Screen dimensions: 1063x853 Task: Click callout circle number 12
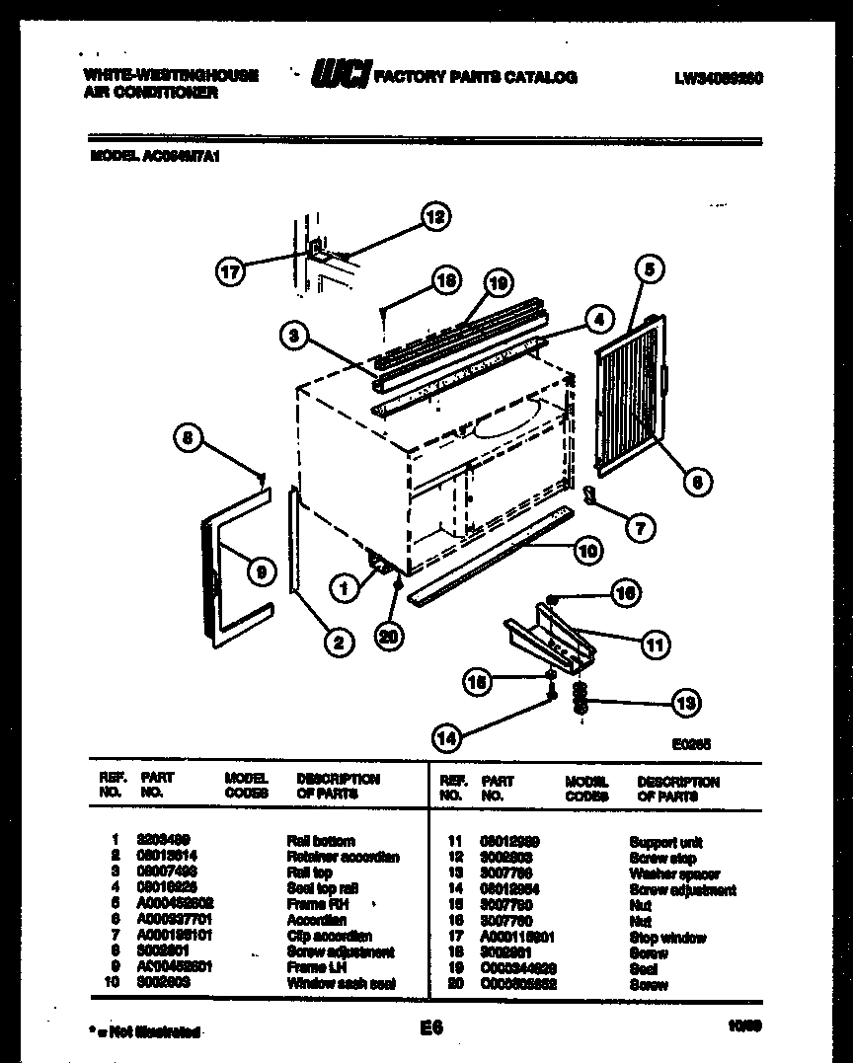pos(434,216)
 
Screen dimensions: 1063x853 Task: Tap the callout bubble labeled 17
pos(230,272)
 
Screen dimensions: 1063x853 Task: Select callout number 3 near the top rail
pos(292,337)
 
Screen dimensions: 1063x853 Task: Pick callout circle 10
pos(588,551)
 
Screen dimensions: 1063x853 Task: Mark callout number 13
pos(684,703)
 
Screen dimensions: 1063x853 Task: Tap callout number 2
pos(338,643)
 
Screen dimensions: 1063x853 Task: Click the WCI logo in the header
pos(341,76)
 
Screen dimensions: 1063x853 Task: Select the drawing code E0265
pos(690,746)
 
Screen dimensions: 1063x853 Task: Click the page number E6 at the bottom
pos(430,1028)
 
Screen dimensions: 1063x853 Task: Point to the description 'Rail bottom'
pos(321,841)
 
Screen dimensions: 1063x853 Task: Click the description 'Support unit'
pos(666,842)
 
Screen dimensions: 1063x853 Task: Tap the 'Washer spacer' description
pos(674,873)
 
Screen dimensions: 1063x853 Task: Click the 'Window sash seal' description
pos(341,984)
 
